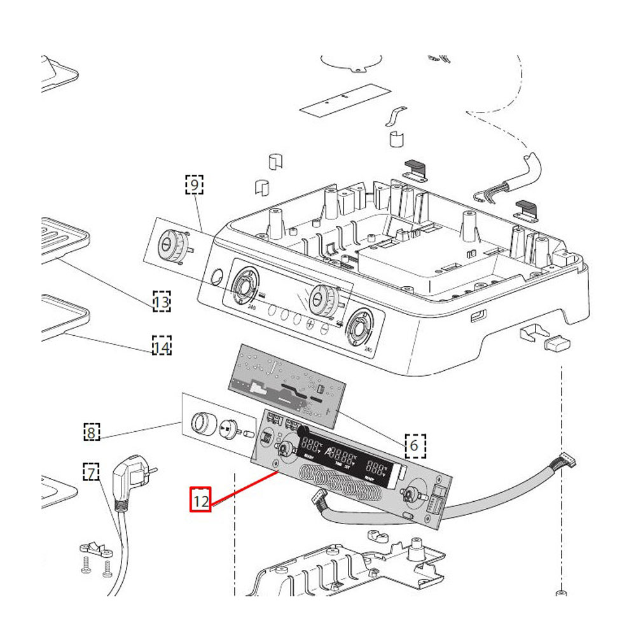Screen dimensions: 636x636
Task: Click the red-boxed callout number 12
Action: [x=201, y=501]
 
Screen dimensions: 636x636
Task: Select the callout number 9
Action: [x=194, y=185]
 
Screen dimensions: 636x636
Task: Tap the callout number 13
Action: [x=162, y=301]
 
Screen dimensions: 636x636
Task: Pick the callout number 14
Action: [x=162, y=347]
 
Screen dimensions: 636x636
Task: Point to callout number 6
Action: [x=414, y=445]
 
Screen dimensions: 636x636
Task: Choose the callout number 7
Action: [x=92, y=473]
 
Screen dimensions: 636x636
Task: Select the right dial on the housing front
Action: [x=360, y=328]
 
